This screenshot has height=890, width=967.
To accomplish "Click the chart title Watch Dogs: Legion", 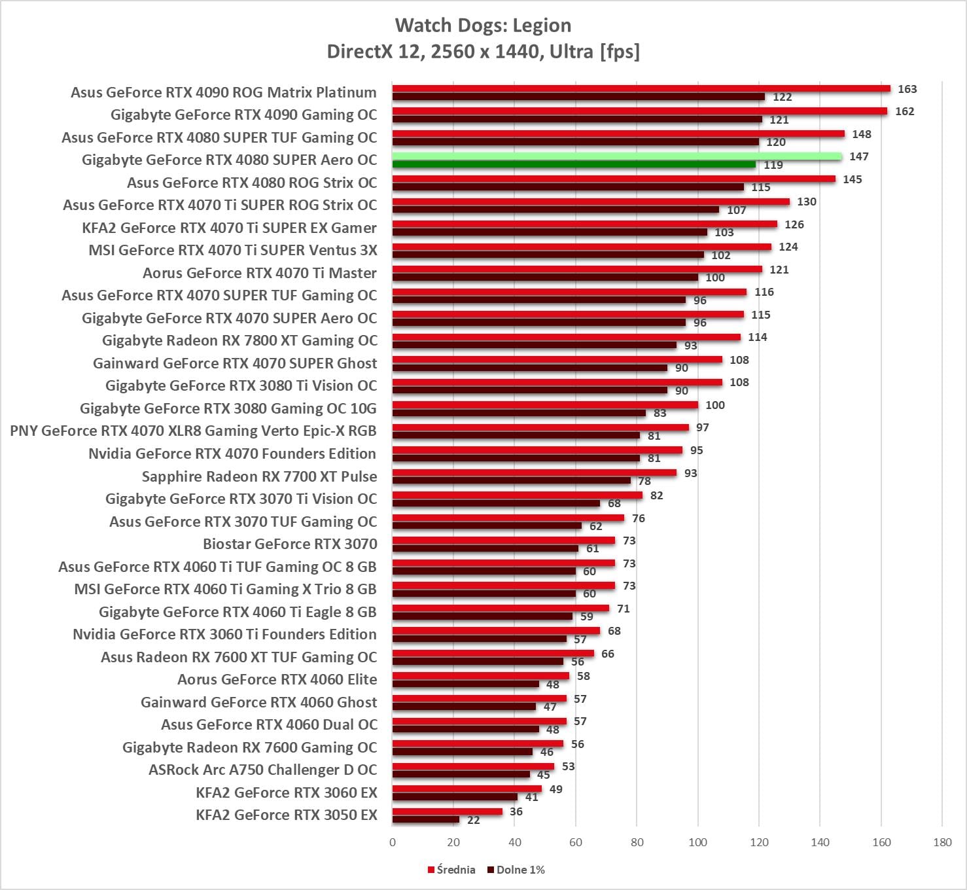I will tap(483, 26).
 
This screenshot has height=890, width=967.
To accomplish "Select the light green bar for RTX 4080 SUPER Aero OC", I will tap(616, 156).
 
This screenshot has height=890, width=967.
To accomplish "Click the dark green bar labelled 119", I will tap(574, 165).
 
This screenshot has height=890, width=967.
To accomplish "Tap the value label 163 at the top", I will tap(907, 89).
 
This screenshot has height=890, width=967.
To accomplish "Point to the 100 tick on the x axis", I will tap(697, 842).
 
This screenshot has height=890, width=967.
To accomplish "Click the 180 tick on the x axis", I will tap(942, 842).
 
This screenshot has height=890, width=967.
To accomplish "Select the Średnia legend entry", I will tap(451, 870).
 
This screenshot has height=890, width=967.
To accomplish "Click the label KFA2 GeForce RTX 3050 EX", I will tap(287, 815).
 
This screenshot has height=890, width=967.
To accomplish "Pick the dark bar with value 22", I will tap(425, 819).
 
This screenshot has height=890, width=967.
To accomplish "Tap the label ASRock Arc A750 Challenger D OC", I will tap(263, 770).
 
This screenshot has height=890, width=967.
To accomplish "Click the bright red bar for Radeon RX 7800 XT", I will tap(566, 337).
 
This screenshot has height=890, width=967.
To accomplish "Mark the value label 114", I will tap(757, 337).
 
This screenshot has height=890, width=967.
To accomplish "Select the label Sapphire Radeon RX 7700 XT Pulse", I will tap(259, 476).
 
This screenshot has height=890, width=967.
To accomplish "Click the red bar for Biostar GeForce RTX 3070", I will tap(503, 541).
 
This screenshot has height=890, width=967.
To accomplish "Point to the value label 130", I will tap(806, 202).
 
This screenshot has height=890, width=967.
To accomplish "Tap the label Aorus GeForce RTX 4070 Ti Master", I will tap(260, 273).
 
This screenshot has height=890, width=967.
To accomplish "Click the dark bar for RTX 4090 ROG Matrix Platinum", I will tap(578, 97).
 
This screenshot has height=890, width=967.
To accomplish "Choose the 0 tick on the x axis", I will tap(393, 842).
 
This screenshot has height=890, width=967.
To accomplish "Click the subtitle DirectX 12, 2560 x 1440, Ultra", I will tap(483, 51).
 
